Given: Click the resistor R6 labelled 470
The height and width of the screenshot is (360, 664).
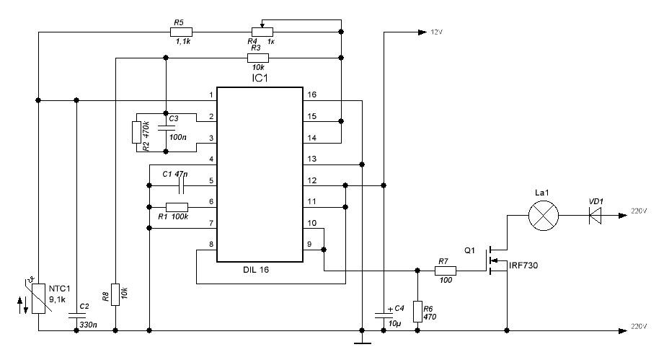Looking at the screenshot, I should [417, 309].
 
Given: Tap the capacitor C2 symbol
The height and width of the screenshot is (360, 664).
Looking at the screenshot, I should [76, 315].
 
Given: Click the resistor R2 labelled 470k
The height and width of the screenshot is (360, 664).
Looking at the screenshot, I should [136, 133].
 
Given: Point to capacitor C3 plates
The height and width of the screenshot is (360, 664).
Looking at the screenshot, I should [166, 127].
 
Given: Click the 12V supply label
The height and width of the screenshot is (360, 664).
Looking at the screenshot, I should [438, 32].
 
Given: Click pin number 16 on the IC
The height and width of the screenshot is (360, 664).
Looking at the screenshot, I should [312, 95].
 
